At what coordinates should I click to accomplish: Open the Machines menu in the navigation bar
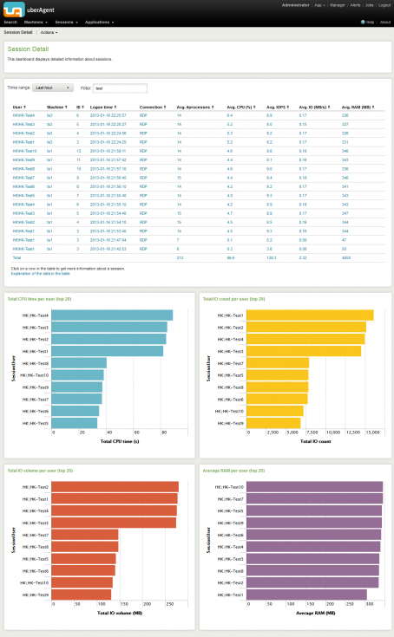pos(37,22)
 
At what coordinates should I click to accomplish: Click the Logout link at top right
pos(384,4)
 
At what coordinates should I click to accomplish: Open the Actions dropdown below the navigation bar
pos(49,31)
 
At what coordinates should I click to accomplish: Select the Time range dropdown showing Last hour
pos(53,88)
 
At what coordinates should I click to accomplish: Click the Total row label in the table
pos(16,258)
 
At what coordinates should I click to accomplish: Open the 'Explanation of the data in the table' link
pos(41,273)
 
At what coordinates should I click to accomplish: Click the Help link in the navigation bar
pos(368,22)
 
